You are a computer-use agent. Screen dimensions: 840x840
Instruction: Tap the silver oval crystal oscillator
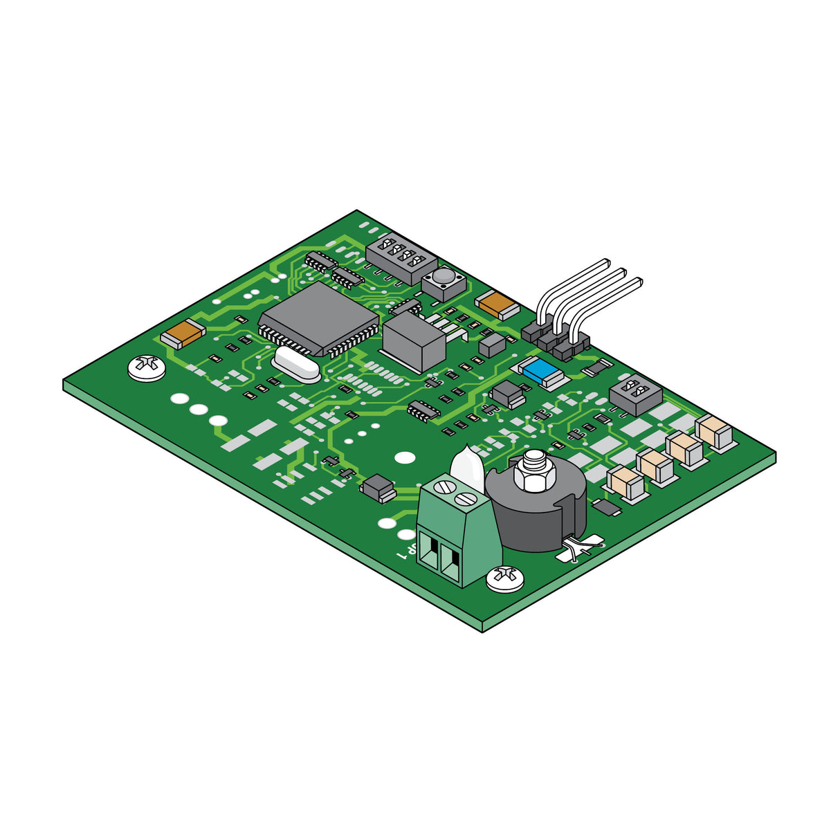pyautogui.click(x=297, y=364)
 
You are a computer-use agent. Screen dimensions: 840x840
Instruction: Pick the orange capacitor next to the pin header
pyautogui.click(x=497, y=304)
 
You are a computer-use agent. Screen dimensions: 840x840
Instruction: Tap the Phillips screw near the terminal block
pyautogui.click(x=504, y=578)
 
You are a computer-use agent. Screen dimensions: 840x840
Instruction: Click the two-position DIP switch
pyautogui.click(x=635, y=394)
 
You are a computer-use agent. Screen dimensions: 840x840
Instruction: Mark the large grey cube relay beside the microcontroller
pyautogui.click(x=414, y=342)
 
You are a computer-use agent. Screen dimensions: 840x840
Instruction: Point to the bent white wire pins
pyautogui.click(x=588, y=291)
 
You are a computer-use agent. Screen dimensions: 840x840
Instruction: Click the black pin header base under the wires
pyautogui.click(x=556, y=340)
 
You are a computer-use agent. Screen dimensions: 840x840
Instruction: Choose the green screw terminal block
pyautogui.click(x=458, y=532)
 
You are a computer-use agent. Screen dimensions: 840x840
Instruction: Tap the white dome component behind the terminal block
pyautogui.click(x=466, y=465)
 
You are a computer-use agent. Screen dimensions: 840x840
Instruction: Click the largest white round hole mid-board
pyautogui.click(x=403, y=458)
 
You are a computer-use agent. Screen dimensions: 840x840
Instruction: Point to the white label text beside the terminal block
pyautogui.click(x=407, y=550)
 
